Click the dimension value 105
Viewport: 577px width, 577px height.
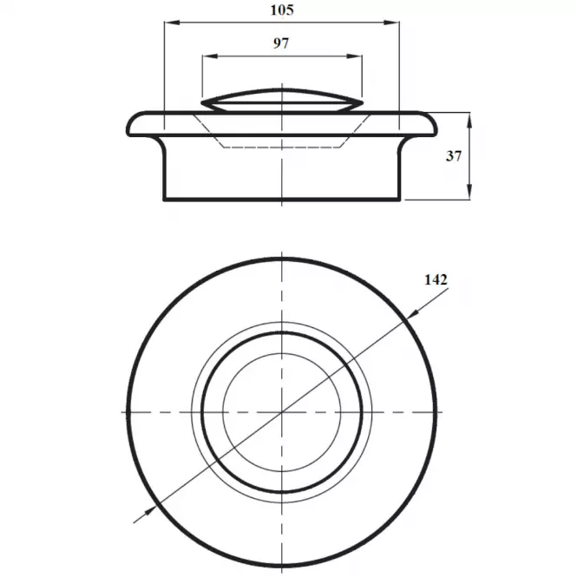282,10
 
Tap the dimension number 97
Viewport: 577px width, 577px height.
281,43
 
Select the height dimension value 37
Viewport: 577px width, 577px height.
453,156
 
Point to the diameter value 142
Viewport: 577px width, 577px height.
436,280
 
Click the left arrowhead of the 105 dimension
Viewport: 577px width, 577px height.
172,23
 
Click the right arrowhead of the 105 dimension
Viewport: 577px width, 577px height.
392,23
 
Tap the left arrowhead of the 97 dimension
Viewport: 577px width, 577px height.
210,56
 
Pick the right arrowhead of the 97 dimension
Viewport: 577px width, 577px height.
355,56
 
